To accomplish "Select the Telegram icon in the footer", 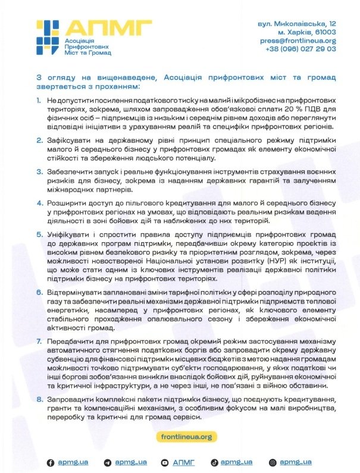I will tap(107, 462).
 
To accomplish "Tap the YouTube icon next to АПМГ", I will tap(164, 462).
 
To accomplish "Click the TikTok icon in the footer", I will tap(213, 462).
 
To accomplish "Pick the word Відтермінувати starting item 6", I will tap(76, 292).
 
